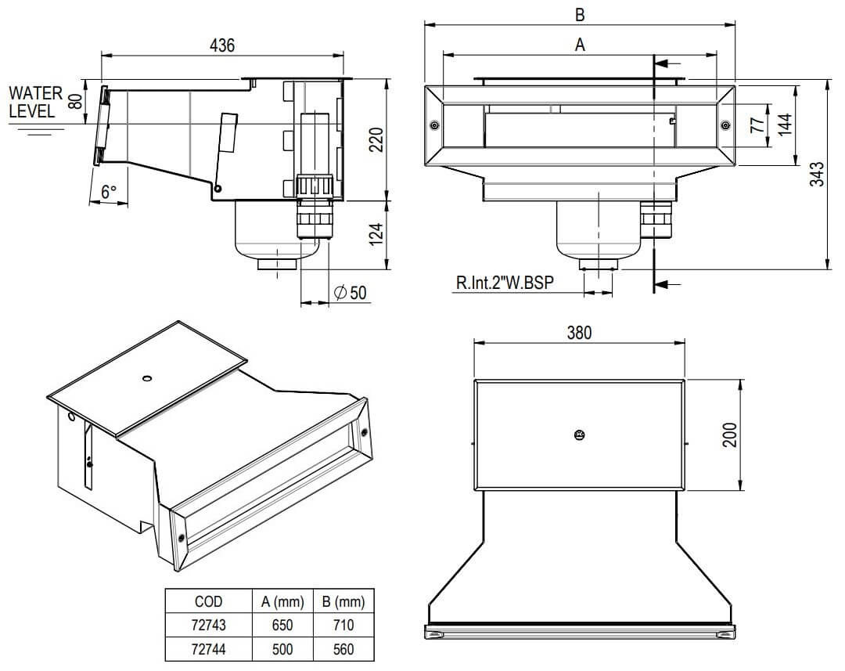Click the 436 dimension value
222,45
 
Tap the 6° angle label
109,190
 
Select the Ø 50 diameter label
350,293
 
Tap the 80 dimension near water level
74,100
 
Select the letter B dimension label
580,14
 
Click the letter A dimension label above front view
580,45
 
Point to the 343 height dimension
815,175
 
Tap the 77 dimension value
757,125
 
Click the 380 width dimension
579,332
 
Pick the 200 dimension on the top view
729,434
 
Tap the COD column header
209,601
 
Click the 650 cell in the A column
282,626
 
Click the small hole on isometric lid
146,378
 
